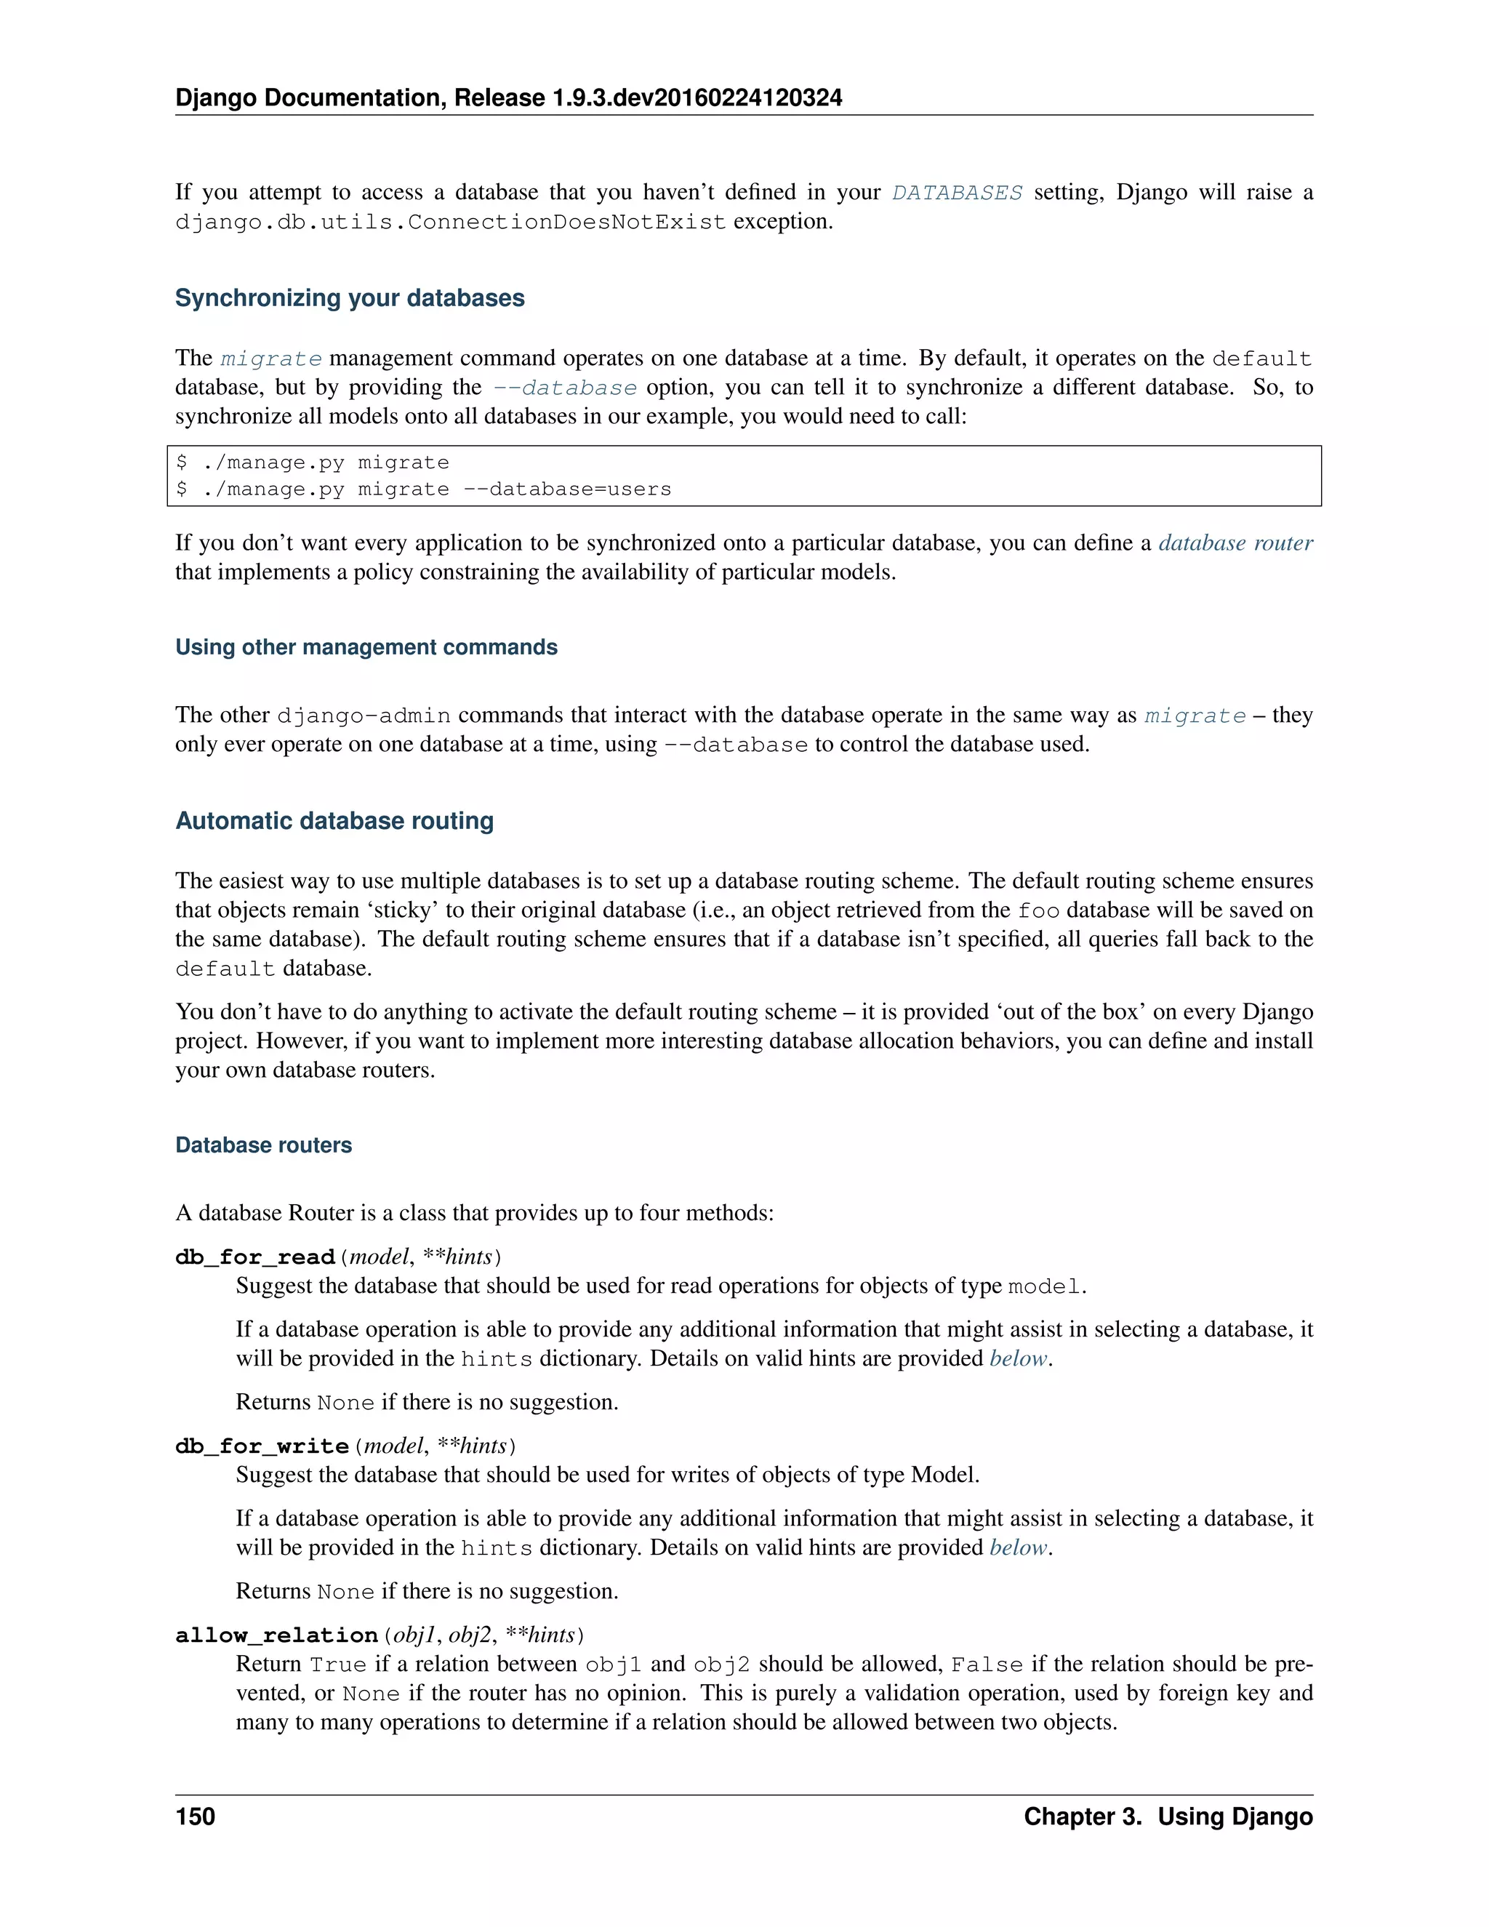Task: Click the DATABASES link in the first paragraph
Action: (956, 193)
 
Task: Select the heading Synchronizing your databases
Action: (349, 298)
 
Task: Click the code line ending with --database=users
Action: (423, 489)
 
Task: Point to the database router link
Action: (1235, 542)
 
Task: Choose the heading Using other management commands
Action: (366, 646)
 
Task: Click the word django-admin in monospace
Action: (364, 716)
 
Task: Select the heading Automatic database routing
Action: (334, 820)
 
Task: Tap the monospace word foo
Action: (1038, 910)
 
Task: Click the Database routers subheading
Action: (263, 1145)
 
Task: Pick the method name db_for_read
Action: (255, 1257)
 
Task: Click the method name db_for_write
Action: (262, 1446)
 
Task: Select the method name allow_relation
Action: (277, 1635)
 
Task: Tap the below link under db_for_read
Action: (1018, 1359)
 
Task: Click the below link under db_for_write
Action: (1018, 1547)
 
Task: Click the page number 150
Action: (195, 1816)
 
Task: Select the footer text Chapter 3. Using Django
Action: (1168, 1816)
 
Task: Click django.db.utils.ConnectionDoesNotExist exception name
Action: (450, 222)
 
